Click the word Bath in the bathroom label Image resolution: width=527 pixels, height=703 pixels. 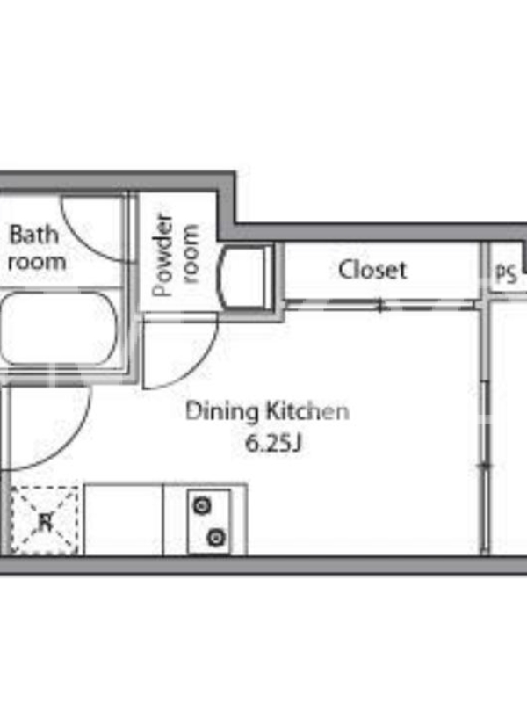click(34, 235)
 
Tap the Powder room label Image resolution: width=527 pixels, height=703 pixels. click(175, 256)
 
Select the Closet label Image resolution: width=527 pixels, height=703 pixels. click(372, 270)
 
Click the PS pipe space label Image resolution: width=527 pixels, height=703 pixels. click(507, 273)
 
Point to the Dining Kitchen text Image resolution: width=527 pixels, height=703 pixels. click(268, 411)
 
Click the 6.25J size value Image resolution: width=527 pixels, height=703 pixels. click(274, 444)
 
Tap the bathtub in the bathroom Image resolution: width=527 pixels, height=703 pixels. click(59, 329)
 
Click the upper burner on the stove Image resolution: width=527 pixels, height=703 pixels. click(202, 506)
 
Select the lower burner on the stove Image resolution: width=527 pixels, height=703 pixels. click(216, 537)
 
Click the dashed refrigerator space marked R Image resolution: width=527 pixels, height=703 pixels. click(45, 521)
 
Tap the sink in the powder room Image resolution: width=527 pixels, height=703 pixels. click(245, 276)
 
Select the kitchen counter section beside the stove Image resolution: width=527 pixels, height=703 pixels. click(123, 519)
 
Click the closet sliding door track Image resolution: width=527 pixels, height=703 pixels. click(380, 305)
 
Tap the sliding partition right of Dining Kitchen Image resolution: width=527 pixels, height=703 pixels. click(485, 467)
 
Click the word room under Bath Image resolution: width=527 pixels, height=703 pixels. click(37, 261)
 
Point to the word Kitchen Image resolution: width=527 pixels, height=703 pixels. click(308, 410)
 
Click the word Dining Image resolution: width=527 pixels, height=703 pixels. click(222, 412)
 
